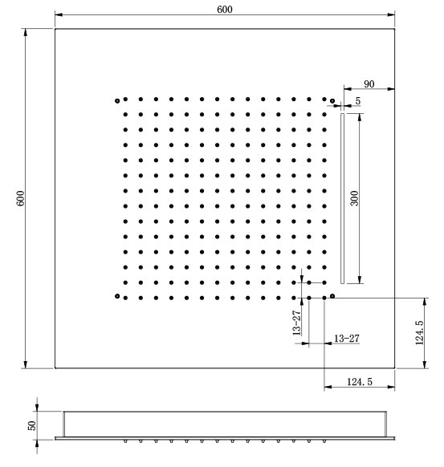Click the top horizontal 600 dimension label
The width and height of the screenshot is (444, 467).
click(224, 10)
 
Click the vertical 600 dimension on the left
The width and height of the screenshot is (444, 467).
click(20, 198)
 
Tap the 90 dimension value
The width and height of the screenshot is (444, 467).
click(369, 84)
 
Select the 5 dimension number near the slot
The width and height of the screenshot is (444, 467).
click(358, 101)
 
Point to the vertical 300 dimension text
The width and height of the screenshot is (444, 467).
click(354, 198)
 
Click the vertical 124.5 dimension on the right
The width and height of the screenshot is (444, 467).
click(419, 333)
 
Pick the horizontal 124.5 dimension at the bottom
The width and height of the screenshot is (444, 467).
click(360, 382)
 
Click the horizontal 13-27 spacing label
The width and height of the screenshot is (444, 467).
click(347, 339)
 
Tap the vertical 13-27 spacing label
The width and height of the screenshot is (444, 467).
click(296, 323)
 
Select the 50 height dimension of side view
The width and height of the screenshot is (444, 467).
click(31, 425)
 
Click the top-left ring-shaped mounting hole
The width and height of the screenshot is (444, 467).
click(117, 101)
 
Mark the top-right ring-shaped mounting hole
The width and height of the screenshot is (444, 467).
click(332, 101)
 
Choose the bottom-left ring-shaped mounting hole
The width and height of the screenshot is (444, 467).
click(117, 296)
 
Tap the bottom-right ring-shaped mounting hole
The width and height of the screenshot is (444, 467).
click(332, 296)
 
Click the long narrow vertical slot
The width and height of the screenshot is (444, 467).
click(342, 198)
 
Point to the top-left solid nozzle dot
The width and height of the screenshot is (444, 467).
click(125, 99)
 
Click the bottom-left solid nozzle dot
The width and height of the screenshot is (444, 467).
click(125, 298)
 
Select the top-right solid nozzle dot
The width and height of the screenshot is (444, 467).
click(324, 99)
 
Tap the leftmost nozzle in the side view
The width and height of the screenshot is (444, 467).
click(125, 441)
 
